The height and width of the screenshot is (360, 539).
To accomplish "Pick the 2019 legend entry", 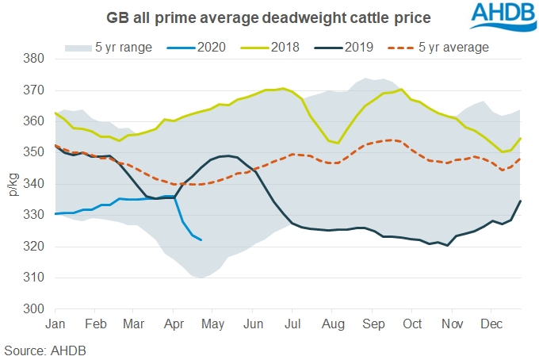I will pos(359,48).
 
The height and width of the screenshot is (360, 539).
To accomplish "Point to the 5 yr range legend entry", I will pos(111,48).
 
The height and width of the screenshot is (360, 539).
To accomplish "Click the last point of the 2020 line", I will pos(201,239).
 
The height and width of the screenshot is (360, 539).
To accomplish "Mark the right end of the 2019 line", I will pos(520,201).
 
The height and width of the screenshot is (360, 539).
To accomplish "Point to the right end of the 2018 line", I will pos(520,139).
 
